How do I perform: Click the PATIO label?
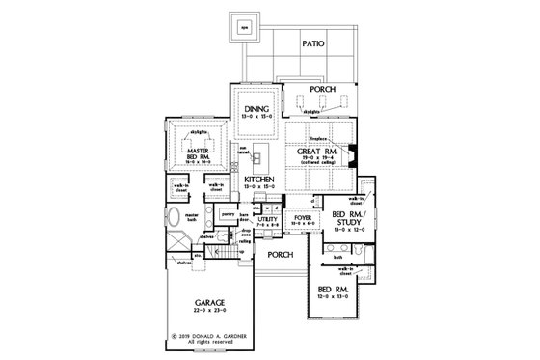pyautogui.click(x=312, y=44)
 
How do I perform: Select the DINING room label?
pyautogui.click(x=254, y=112)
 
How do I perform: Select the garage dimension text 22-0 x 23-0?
pyautogui.click(x=205, y=311)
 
